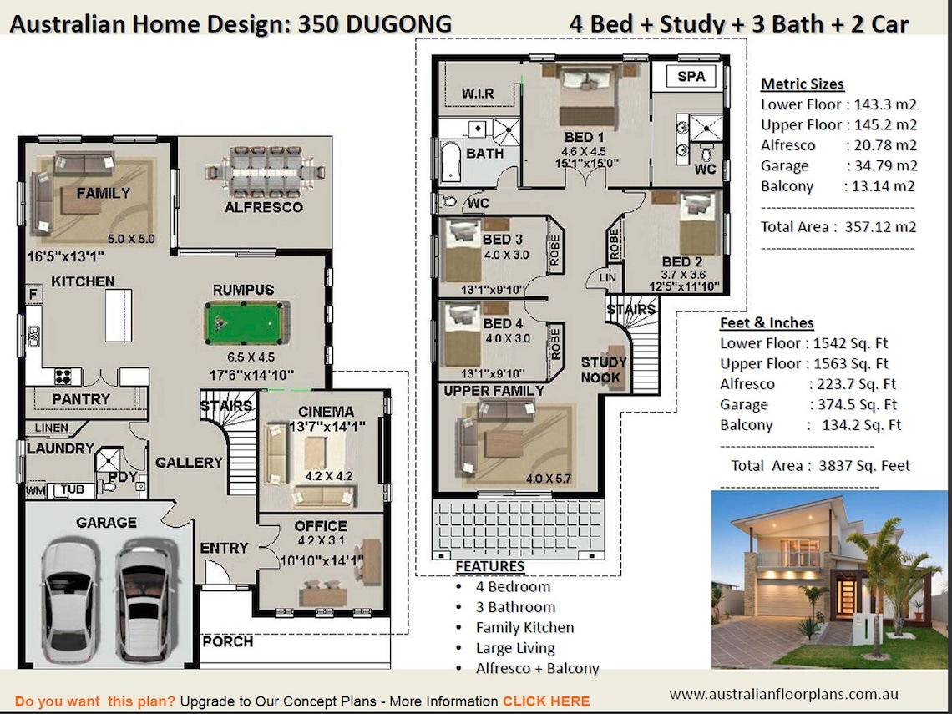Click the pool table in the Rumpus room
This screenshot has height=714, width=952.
click(247, 322)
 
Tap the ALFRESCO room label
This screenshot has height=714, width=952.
click(263, 207)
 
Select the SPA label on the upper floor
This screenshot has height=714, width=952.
click(691, 77)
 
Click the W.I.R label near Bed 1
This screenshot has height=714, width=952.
click(478, 94)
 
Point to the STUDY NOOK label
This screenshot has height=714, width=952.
click(604, 370)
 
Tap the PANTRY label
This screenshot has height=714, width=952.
click(81, 399)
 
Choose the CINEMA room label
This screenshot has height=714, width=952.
click(326, 412)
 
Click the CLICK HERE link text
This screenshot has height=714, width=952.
click(546, 701)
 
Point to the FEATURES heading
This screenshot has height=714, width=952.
click(489, 567)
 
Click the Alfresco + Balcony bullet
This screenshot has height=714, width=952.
click(537, 668)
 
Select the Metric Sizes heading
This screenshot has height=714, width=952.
click(802, 84)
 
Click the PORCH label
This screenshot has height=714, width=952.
click(227, 641)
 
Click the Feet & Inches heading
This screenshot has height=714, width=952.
click(767, 323)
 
